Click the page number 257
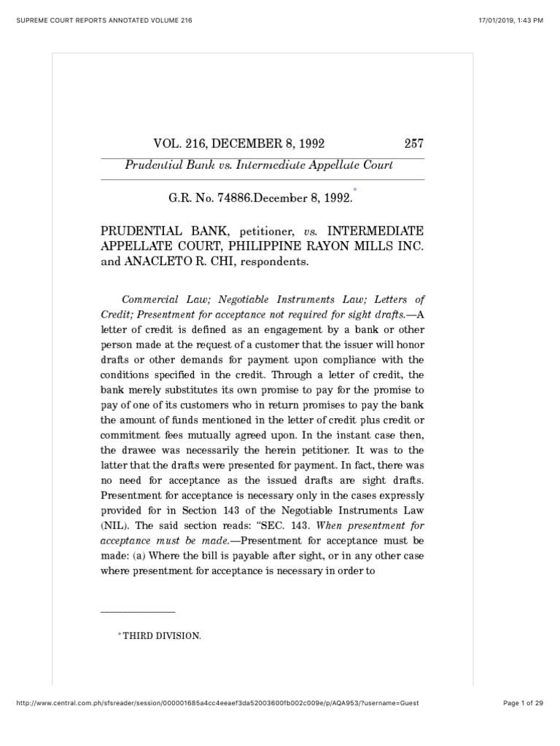coord(413,144)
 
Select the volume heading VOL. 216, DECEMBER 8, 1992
coord(236,144)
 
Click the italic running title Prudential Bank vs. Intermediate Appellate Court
coord(259,165)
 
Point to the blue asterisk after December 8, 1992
coord(355,189)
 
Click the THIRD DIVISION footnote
coord(160,636)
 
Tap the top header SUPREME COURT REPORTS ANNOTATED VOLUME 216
coord(101,20)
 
